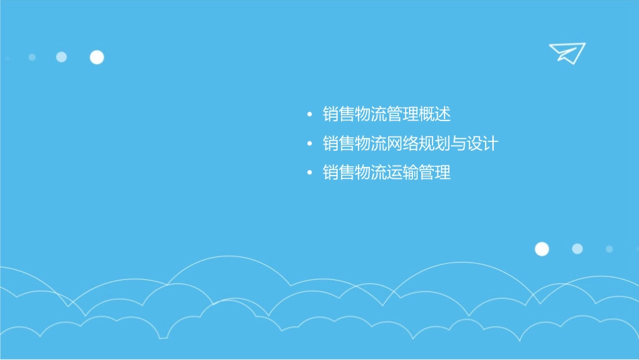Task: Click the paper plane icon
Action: (566, 52)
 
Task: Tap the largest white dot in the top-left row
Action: (97, 57)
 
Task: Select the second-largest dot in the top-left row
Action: (61, 57)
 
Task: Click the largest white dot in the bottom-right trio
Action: (541, 249)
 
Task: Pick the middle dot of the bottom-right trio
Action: (577, 249)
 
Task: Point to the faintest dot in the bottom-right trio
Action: (609, 249)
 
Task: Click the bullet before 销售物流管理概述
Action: (309, 115)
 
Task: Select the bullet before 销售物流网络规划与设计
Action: (309, 144)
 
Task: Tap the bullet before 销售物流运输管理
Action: (309, 174)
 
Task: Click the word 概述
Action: (435, 114)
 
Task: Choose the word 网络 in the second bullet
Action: (402, 143)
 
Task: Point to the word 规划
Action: (435, 143)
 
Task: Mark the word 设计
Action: (482, 143)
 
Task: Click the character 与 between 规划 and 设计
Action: (459, 143)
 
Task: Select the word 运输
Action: (402, 173)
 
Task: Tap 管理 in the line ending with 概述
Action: (402, 114)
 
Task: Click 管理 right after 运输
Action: (435, 173)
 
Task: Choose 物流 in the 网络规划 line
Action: (371, 143)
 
